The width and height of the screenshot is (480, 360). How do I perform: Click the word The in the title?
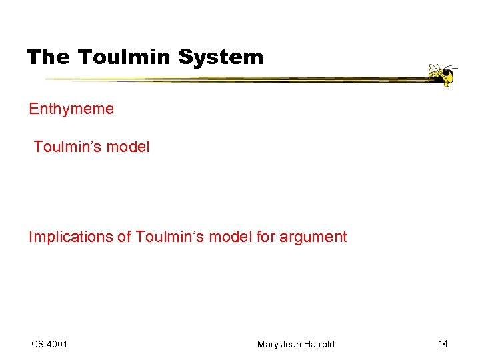49,57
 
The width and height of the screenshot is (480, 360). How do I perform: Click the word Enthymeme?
71,109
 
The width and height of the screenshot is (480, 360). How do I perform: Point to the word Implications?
71,237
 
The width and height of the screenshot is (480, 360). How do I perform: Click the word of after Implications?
125,237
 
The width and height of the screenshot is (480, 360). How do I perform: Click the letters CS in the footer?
37,344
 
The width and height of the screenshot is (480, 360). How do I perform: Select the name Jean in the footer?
291,344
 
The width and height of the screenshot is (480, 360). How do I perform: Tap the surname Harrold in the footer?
319,344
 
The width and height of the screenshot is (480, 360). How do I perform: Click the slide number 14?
443,344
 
